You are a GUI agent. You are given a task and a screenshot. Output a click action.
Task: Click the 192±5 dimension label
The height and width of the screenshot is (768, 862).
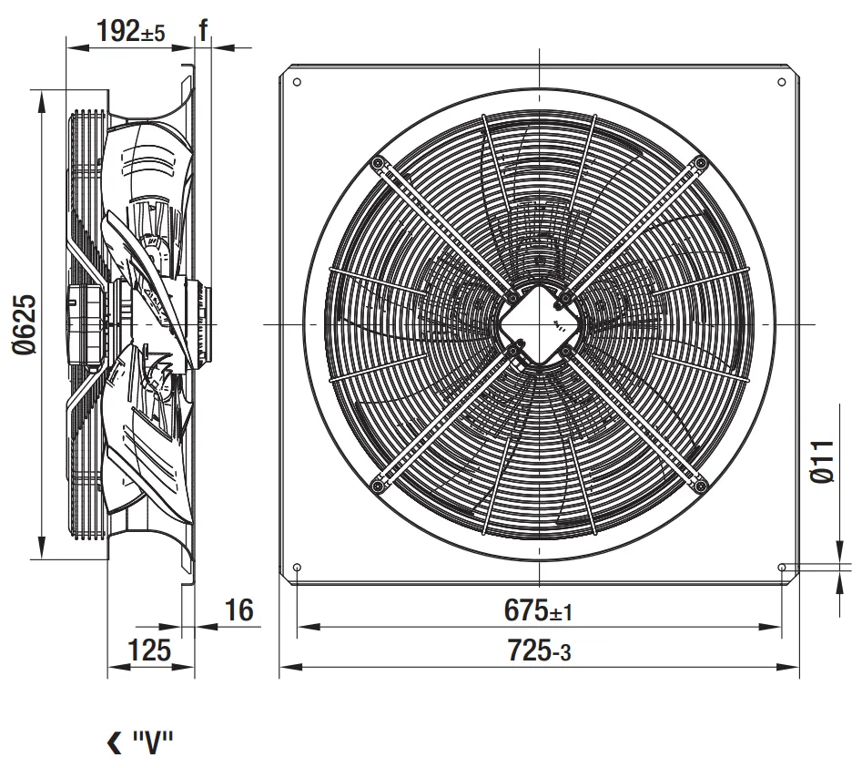click(x=130, y=31)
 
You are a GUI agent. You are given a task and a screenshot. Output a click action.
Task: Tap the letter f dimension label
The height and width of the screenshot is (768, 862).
click(x=203, y=30)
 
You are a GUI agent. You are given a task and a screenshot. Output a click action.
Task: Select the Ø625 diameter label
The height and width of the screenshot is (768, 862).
click(x=25, y=325)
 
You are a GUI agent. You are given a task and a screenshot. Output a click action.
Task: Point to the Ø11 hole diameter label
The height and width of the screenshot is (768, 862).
click(x=823, y=461)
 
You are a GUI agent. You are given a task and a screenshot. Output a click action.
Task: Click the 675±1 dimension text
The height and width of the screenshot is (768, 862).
click(x=538, y=610)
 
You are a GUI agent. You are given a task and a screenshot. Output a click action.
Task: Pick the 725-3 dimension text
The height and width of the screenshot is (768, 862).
click(x=539, y=650)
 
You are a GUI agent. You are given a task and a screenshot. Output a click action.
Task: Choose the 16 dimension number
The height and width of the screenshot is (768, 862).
click(x=239, y=609)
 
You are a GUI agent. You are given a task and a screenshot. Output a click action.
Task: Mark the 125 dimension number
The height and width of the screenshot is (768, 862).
click(x=149, y=650)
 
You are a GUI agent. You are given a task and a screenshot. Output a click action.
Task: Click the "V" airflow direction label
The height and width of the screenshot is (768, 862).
click(x=153, y=742)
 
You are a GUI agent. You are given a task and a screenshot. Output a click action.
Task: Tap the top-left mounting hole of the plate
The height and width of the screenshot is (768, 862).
click(x=297, y=82)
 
